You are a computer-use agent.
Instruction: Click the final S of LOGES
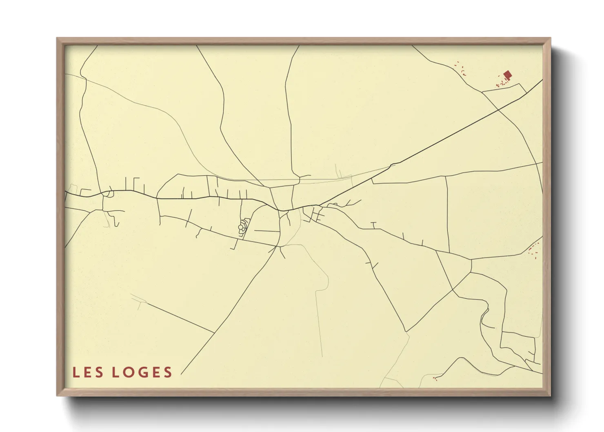point(167,372)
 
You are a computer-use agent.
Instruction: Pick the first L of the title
point(75,372)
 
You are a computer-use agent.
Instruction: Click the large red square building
point(507,75)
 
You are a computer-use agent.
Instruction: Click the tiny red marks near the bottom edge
point(435,379)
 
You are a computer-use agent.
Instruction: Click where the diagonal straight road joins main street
point(320,205)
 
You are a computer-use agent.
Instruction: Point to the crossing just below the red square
point(499,109)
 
